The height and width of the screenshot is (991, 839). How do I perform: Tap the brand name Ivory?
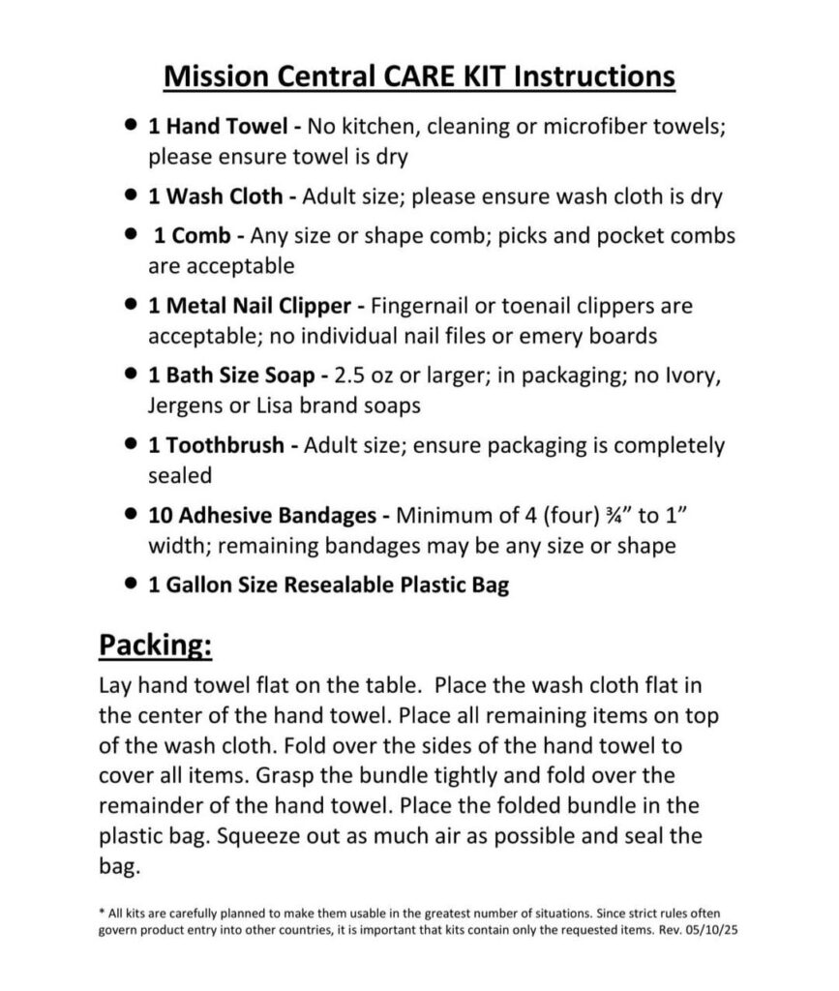pyautogui.click(x=689, y=375)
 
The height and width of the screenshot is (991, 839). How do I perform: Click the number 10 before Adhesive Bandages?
pyautogui.click(x=159, y=516)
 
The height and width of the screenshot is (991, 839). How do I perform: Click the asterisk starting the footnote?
pyautogui.click(x=102, y=912)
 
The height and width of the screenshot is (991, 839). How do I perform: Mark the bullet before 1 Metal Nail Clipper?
pyautogui.click(x=131, y=306)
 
